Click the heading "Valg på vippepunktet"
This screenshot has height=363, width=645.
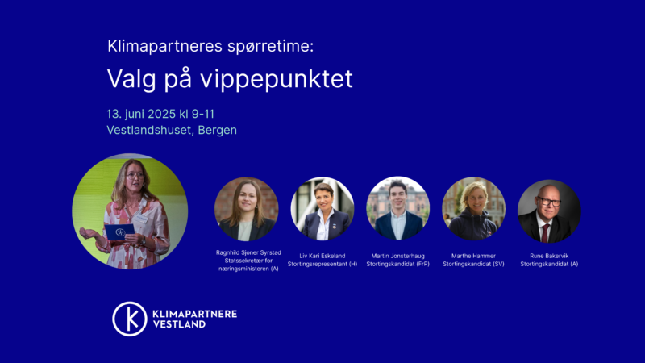[230, 78]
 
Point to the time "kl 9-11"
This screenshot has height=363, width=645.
[197, 114]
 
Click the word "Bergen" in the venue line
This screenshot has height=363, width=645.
[217, 130]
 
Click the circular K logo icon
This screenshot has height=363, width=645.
[130, 319]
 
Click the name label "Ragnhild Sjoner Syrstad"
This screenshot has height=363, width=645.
[248, 252]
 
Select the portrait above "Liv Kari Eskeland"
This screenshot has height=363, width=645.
[322, 209]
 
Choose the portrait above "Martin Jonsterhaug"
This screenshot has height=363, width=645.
[397, 209]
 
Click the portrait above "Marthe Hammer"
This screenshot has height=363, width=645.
[473, 209]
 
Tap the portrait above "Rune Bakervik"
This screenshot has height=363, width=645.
[549, 211]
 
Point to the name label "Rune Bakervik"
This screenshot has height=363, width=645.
[549, 256]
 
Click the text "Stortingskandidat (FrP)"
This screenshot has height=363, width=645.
[397, 265]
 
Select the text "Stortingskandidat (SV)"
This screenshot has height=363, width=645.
[473, 265]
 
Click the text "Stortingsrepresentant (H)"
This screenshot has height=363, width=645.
[322, 265]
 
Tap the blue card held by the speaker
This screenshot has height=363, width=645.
[119, 232]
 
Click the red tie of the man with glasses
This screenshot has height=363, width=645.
[545, 233]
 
